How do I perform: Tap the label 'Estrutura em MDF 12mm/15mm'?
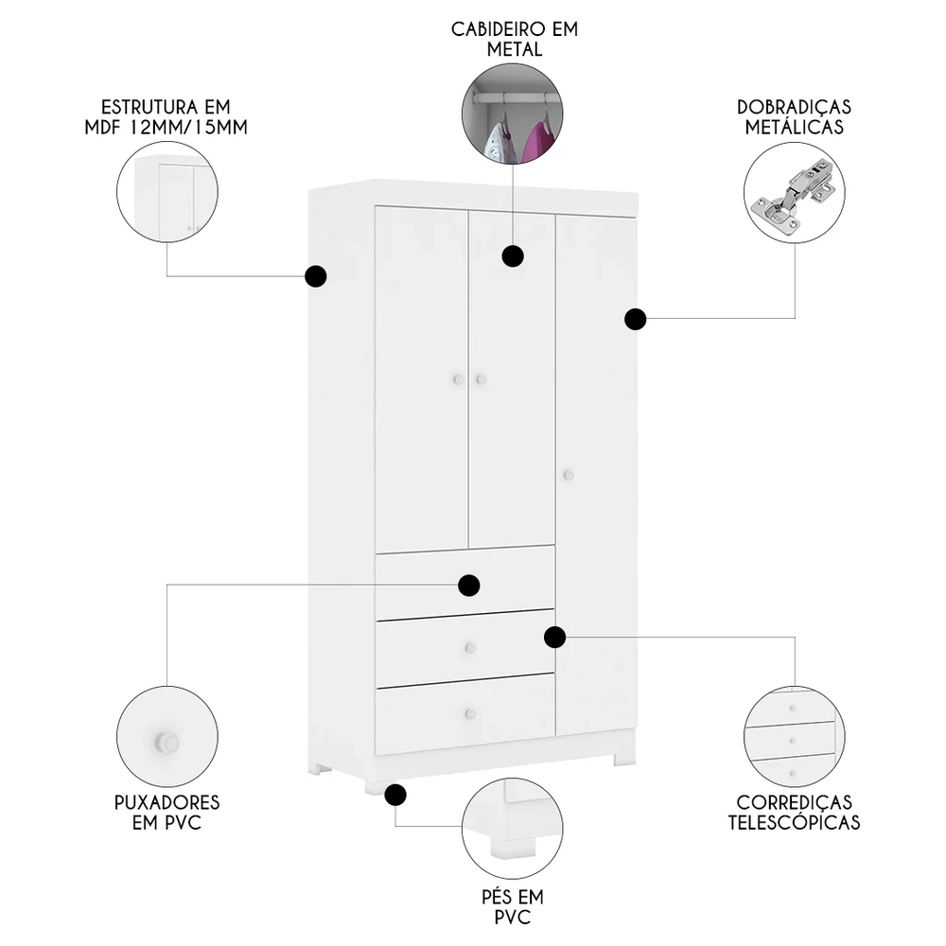(166, 115)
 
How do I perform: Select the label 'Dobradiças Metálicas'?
(794, 115)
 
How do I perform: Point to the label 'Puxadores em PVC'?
(166, 812)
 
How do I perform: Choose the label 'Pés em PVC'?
(512, 906)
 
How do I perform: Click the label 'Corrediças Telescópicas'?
(794, 812)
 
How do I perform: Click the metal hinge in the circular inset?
(793, 195)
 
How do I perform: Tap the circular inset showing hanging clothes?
(512, 114)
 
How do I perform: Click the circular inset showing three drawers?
(794, 736)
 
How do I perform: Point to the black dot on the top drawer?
(468, 586)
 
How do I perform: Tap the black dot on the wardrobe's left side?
(315, 276)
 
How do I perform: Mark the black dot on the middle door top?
(513, 255)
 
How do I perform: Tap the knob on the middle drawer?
(468, 649)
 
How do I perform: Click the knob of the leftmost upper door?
(457, 379)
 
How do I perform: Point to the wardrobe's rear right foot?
(623, 759)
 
